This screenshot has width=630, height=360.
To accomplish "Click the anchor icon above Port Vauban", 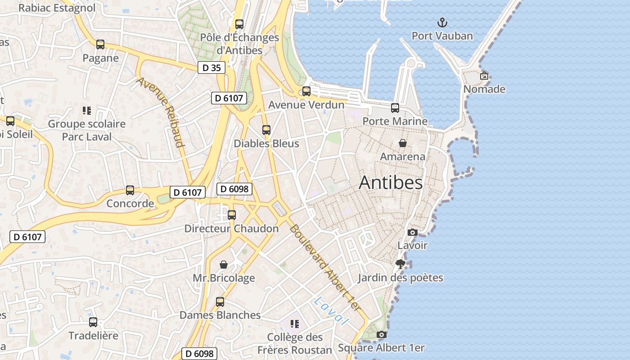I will pyautogui.click(x=442, y=22).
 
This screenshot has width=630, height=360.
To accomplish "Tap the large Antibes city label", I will pyautogui.click(x=391, y=182).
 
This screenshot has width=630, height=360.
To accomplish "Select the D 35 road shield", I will pyautogui.click(x=211, y=68).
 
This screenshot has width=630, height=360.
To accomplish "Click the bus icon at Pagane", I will pyautogui.click(x=100, y=45).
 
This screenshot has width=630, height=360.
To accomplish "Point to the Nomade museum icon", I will pyautogui.click(x=484, y=76).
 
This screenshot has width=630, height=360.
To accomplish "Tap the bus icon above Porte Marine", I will pyautogui.click(x=395, y=108).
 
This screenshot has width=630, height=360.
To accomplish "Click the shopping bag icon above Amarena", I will pyautogui.click(x=403, y=143).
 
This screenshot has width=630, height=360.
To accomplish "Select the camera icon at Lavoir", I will pyautogui.click(x=412, y=232).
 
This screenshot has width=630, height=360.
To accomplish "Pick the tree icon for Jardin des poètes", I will pyautogui.click(x=400, y=264).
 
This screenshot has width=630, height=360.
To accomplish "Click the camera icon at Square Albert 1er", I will pyautogui.click(x=381, y=334).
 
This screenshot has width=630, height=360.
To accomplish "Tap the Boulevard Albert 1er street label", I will pyautogui.click(x=325, y=267).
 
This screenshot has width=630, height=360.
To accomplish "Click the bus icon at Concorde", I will pyautogui.click(x=130, y=190).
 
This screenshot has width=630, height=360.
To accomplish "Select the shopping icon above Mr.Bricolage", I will pyautogui.click(x=224, y=265).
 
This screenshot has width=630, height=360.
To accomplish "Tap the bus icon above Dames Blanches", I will pyautogui.click(x=220, y=301).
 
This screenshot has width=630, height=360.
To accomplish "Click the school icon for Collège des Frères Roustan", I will pyautogui.click(x=295, y=324).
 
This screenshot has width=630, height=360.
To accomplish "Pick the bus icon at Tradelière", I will pyautogui.click(x=93, y=322).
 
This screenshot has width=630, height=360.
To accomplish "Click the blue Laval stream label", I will pyautogui.click(x=332, y=310).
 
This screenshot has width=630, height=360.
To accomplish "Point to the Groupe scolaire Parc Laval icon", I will pyautogui.click(x=87, y=110).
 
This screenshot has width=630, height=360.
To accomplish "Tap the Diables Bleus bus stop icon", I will pyautogui.click(x=266, y=130).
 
